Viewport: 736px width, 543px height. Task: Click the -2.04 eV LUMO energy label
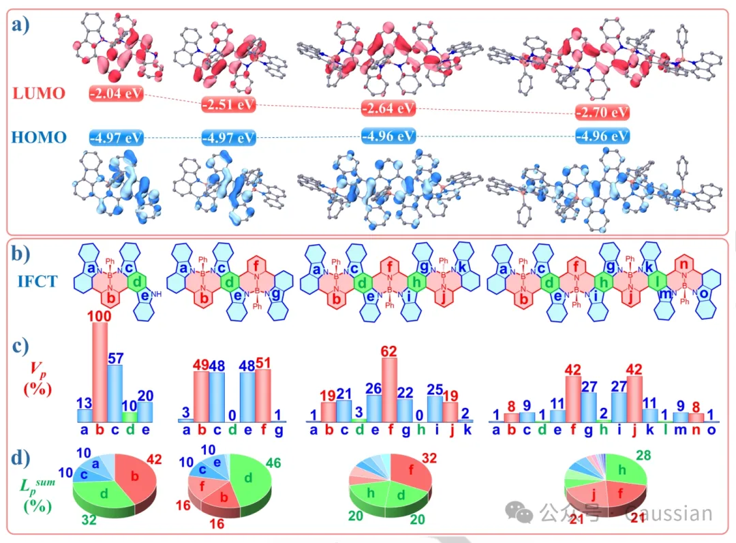click(116, 93)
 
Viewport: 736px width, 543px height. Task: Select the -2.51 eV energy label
click(228, 105)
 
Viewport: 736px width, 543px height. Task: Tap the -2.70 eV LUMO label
click(602, 112)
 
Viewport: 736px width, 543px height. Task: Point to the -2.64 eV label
click(388, 108)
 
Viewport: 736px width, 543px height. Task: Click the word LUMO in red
click(40, 93)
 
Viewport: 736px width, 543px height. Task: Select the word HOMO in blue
click(40, 138)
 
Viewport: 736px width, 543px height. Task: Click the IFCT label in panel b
click(40, 280)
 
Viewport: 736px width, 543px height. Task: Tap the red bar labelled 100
click(100, 372)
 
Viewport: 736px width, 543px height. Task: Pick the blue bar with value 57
click(115, 393)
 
